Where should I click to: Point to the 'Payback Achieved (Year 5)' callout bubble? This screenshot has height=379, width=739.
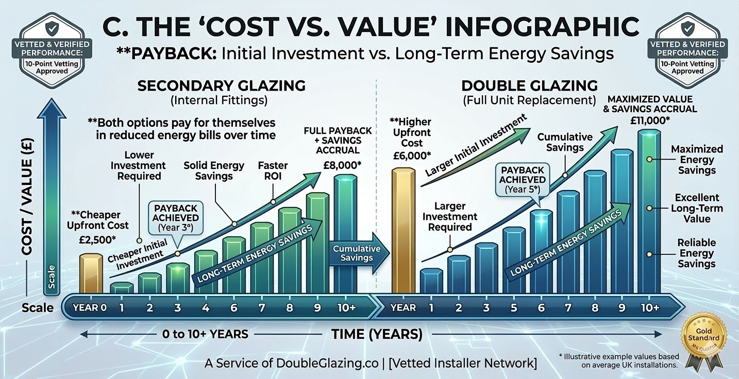pyautogui.click(x=522, y=179)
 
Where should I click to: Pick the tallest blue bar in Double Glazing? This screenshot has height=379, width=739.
pyautogui.click(x=649, y=211)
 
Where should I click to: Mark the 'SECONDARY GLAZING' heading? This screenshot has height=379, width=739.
pyautogui.click(x=221, y=85)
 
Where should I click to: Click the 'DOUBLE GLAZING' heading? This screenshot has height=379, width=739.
pyautogui.click(x=529, y=85)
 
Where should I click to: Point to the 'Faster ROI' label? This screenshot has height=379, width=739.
pyautogui.click(x=273, y=171)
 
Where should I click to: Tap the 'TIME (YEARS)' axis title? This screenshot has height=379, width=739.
pyautogui.click(x=377, y=334)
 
